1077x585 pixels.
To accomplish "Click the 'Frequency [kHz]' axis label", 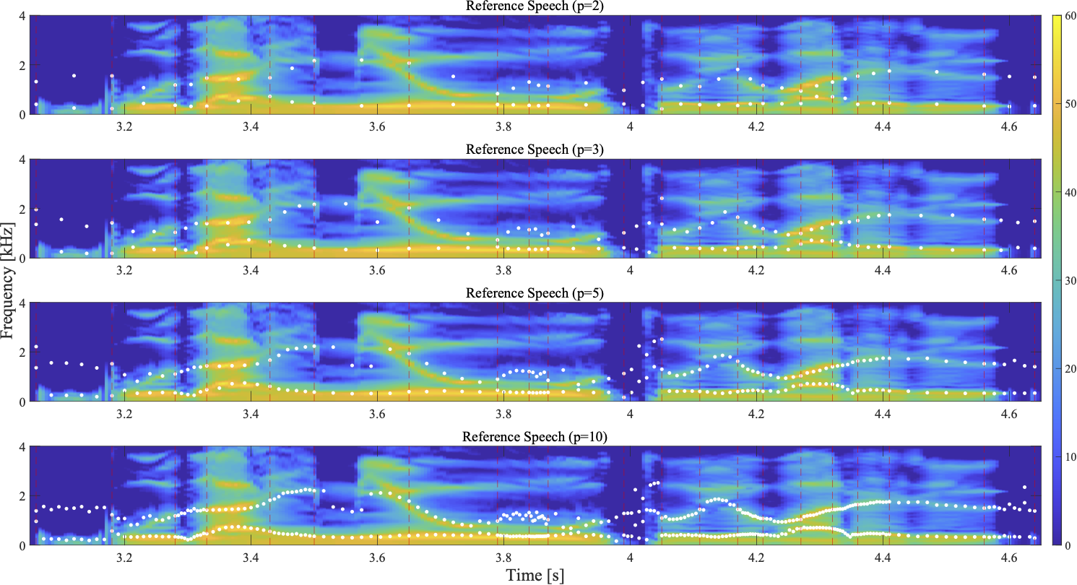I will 9,280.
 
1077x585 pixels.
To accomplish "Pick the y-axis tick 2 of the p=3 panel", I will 24,209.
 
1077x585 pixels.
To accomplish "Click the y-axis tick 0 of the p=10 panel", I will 24,545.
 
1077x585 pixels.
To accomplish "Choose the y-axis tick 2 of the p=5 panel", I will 24,352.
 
